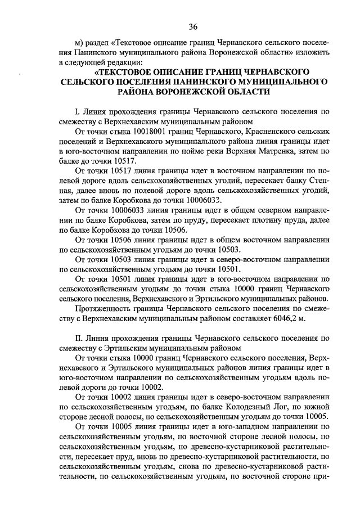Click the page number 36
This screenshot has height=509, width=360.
click(x=193, y=27)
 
